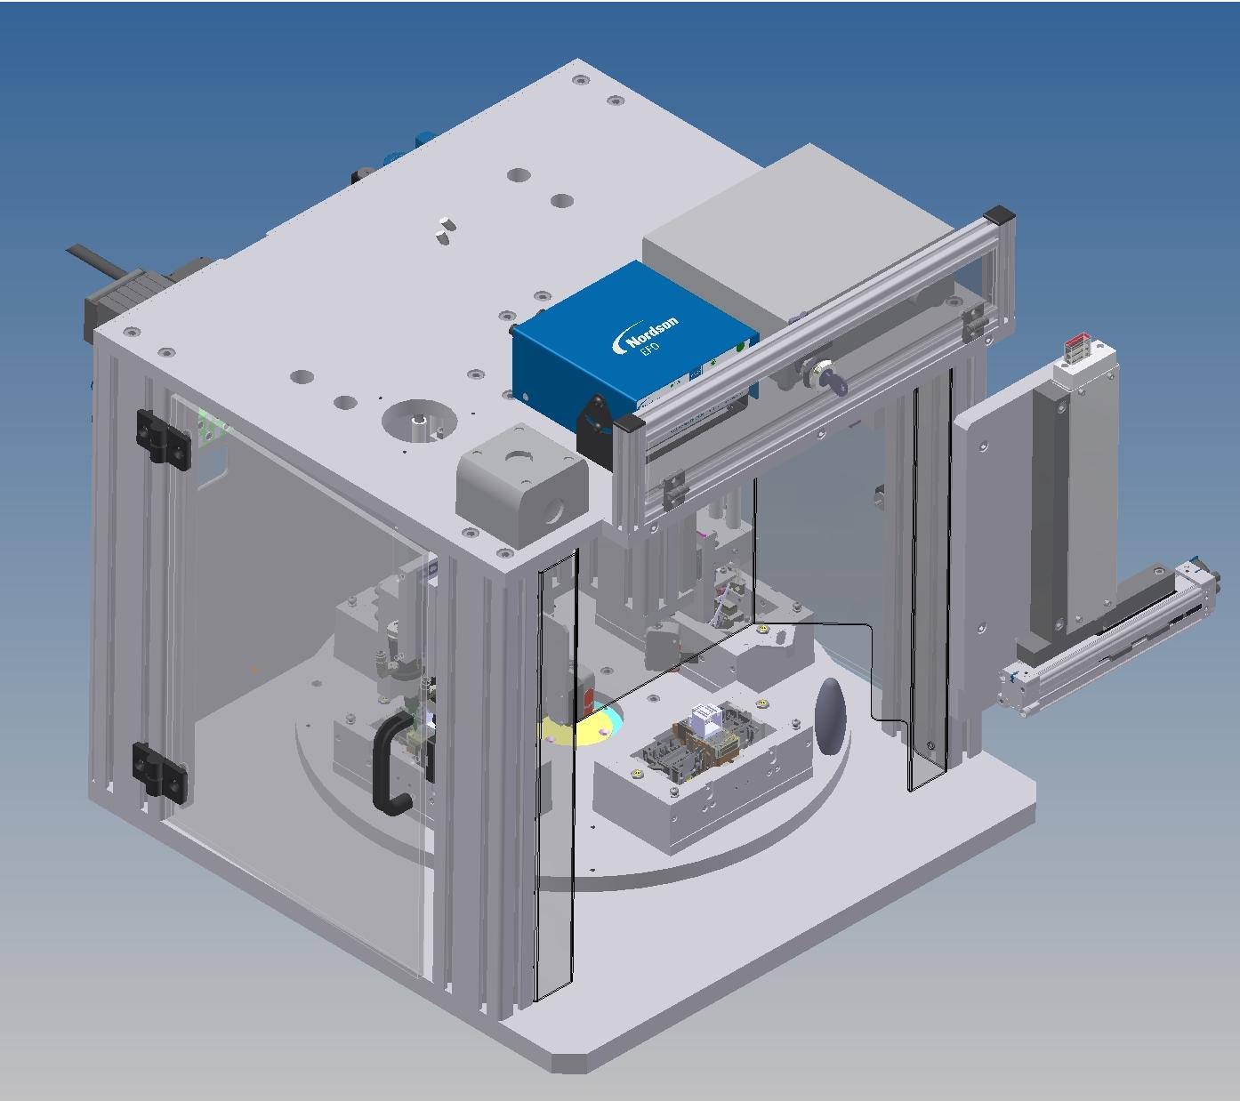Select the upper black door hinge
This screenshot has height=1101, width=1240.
(163, 438)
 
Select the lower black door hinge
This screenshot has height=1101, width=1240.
(159, 770)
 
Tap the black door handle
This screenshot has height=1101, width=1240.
(391, 765)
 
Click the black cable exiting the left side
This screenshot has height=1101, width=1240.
(97, 264)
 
